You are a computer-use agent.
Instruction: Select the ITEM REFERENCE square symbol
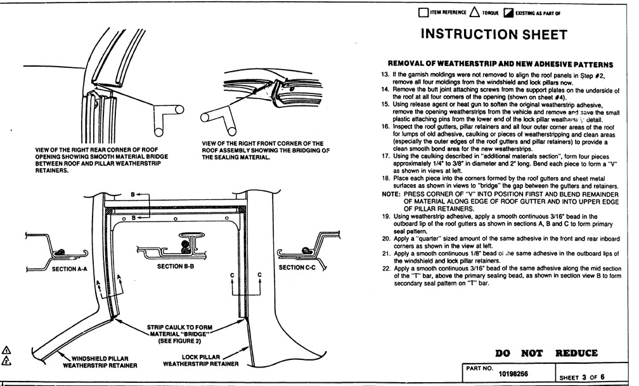[424, 12]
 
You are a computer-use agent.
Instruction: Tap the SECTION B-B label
[176, 267]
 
